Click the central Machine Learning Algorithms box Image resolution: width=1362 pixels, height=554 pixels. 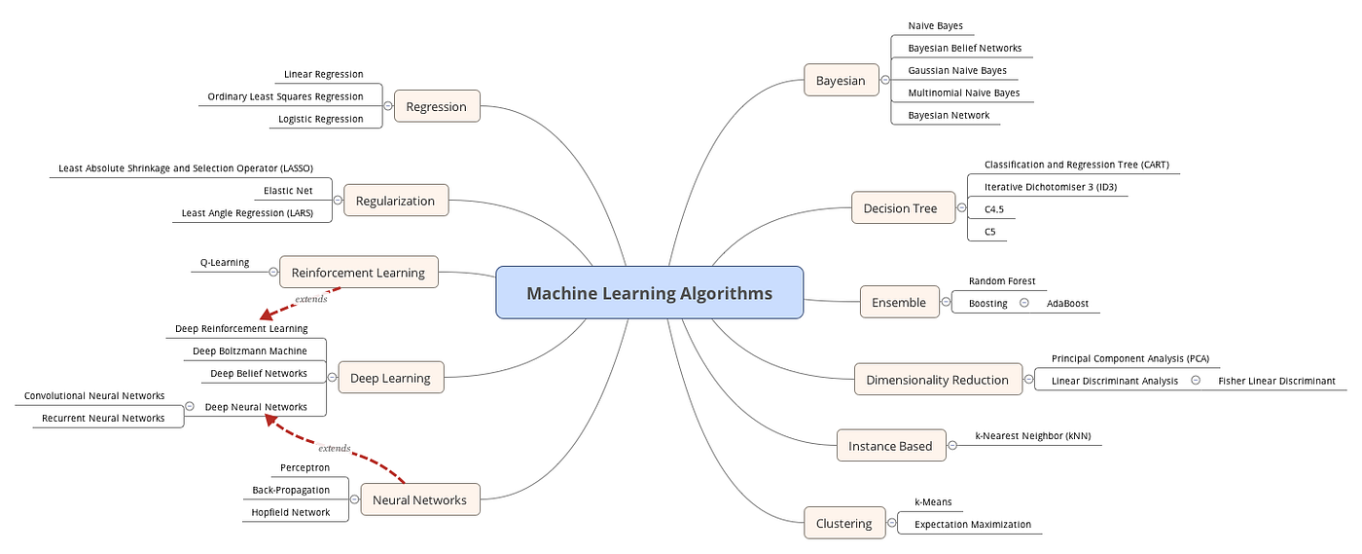click(x=649, y=293)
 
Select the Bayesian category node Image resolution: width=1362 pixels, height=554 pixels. click(x=841, y=80)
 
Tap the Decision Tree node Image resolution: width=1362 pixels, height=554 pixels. click(x=900, y=207)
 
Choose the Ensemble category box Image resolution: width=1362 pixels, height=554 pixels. click(x=899, y=302)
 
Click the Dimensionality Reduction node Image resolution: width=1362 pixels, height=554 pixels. click(x=937, y=380)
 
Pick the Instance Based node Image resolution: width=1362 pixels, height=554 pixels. click(x=889, y=446)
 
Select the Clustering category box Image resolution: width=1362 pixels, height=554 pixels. click(x=843, y=523)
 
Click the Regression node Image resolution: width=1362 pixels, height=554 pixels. click(x=436, y=106)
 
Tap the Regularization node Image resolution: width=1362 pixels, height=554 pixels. click(x=395, y=201)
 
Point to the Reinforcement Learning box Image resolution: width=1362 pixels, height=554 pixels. click(x=358, y=273)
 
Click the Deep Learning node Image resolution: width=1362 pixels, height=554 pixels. click(x=389, y=378)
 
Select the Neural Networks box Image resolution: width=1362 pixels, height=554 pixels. click(x=419, y=499)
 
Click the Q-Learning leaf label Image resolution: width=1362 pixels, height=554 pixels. click(x=225, y=263)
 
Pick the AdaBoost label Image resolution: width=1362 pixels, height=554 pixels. click(x=1067, y=303)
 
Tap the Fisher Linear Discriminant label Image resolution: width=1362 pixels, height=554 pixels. click(x=1276, y=381)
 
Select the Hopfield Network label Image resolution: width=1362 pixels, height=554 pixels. click(x=291, y=512)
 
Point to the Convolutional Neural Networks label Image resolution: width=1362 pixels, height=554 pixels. click(x=94, y=396)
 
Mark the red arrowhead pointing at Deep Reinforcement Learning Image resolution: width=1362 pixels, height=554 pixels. click(x=265, y=316)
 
